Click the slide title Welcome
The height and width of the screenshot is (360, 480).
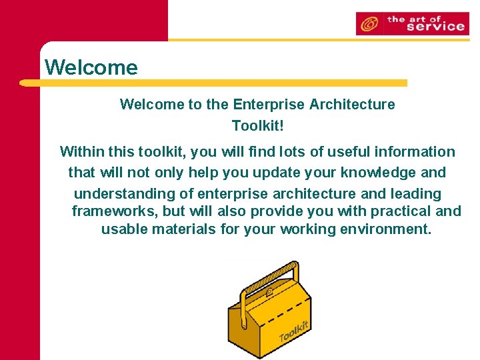(x=91, y=67)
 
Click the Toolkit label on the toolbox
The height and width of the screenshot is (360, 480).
(x=294, y=331)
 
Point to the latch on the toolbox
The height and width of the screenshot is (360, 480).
(x=269, y=293)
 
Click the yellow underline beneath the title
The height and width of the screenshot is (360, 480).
(x=213, y=83)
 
